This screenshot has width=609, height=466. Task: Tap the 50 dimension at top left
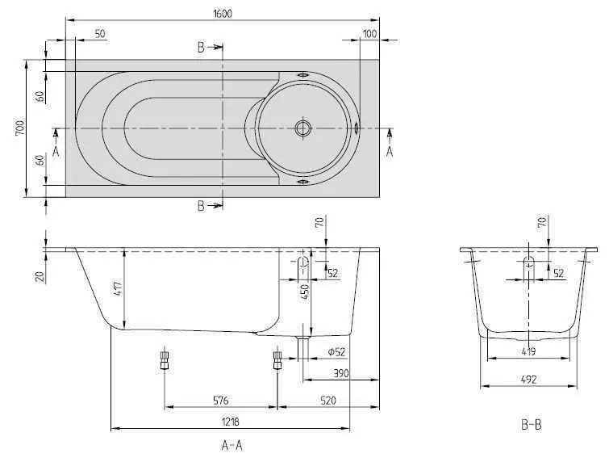tap(100, 34)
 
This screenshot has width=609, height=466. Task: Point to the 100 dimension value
tap(369, 34)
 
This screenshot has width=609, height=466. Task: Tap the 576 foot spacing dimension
tap(221, 400)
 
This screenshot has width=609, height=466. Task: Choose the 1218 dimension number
tap(229, 422)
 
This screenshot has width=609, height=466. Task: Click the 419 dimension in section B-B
tap(528, 351)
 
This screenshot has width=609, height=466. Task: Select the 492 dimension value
tap(528, 379)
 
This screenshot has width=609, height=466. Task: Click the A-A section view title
tap(232, 445)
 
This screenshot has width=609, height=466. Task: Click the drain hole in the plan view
tap(303, 128)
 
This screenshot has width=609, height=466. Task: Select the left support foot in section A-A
tap(165, 359)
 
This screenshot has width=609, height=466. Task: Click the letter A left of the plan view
tap(56, 150)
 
